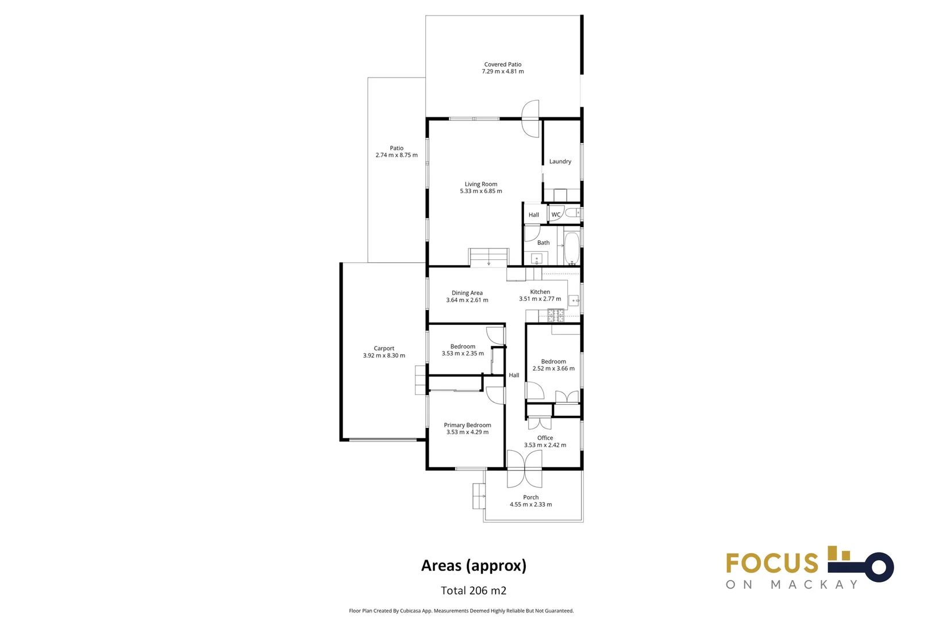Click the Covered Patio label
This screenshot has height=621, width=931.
pos(502,64)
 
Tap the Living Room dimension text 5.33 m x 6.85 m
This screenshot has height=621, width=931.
pos(481,191)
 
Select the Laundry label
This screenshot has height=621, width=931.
pos(560,162)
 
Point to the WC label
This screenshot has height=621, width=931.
pos(556,214)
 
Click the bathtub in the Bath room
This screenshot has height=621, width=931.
pos(572,248)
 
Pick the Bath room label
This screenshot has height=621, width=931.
pos(543,243)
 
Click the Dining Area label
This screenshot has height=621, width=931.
pos(467,293)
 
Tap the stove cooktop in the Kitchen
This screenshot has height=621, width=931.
pos(556,315)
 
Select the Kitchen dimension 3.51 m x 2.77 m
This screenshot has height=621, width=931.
pos(540,298)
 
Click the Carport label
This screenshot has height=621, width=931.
pos(384,348)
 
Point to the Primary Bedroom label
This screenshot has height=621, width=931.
pos(467,425)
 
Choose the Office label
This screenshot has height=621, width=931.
pos(545,438)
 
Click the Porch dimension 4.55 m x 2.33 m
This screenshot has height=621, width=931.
pos(531,504)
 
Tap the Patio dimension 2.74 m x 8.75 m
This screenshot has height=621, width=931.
pos(397,155)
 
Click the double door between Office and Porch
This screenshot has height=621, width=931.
pos(525,469)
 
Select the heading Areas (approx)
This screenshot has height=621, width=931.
pos(474,566)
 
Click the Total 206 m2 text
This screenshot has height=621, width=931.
pos(474,591)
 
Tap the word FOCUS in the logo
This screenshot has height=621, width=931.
pos(772,563)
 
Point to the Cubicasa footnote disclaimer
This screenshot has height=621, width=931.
pos(461,611)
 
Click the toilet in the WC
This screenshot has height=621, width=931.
pos(573,213)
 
